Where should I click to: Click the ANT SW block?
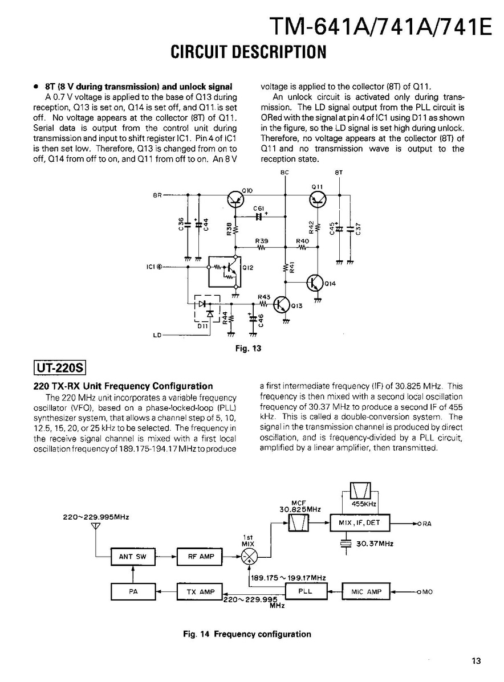coord(133,557)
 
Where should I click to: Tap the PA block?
coord(133,592)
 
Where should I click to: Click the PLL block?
coord(306,591)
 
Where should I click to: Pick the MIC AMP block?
coord(366,592)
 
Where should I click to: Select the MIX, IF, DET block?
coord(359,522)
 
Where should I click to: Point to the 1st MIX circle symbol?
coord(249,557)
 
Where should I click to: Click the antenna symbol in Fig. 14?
coord(96,526)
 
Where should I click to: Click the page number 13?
coord(476,661)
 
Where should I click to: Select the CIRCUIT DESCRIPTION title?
coord(249,52)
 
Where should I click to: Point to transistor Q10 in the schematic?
coord(235,199)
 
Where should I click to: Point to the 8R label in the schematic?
coord(157,195)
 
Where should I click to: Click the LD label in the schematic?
coord(157,336)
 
